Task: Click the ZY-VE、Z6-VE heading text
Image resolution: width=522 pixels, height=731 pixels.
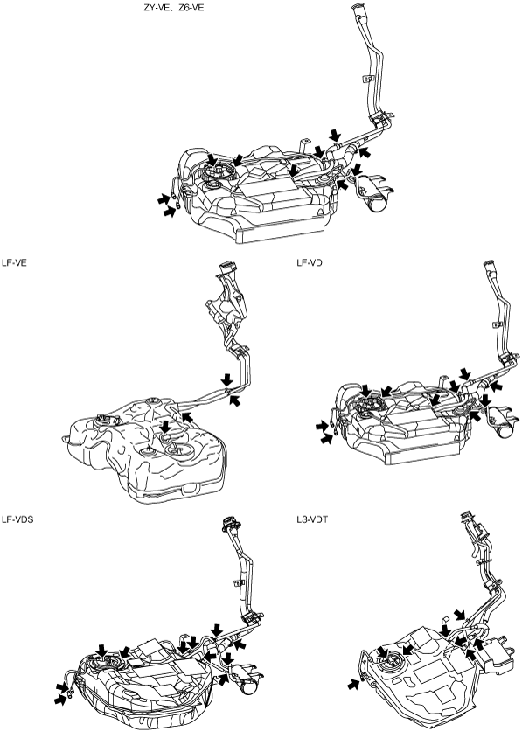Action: pyautogui.click(x=174, y=8)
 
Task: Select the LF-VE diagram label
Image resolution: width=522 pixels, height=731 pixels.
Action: pyautogui.click(x=14, y=263)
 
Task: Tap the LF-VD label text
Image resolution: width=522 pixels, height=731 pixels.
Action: pyautogui.click(x=310, y=263)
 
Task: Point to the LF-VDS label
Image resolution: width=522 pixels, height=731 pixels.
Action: pyautogui.click(x=17, y=519)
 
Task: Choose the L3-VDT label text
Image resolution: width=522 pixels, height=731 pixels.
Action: pyautogui.click(x=312, y=519)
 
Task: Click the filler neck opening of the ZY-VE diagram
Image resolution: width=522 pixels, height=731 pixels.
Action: pyautogui.click(x=359, y=8)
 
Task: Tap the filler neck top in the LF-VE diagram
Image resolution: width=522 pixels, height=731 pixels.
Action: pyautogui.click(x=227, y=268)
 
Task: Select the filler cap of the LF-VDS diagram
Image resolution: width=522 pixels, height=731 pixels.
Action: pyautogui.click(x=230, y=523)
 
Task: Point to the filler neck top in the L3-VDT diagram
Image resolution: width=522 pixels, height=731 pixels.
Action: pyautogui.click(x=467, y=516)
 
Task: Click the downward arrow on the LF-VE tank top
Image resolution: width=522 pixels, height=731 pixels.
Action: pyautogui.click(x=165, y=426)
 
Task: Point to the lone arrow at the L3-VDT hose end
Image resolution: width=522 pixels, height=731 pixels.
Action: pyautogui.click(x=354, y=684)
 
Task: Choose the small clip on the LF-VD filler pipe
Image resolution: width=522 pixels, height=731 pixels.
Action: pyautogui.click(x=497, y=324)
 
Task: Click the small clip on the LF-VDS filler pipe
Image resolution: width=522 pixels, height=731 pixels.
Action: pyautogui.click(x=238, y=582)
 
